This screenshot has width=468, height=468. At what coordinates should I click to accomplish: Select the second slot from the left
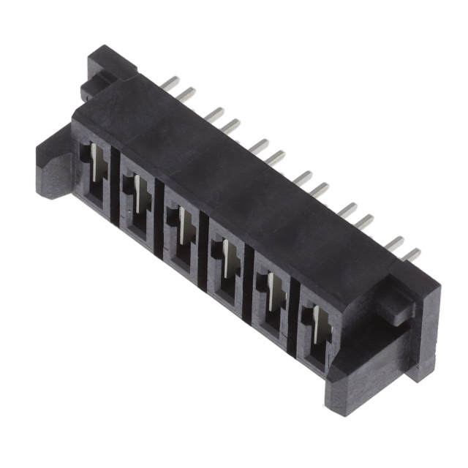point(137,206)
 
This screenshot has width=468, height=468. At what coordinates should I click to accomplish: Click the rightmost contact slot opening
point(314,333)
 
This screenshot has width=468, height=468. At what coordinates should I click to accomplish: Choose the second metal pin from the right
point(396,244)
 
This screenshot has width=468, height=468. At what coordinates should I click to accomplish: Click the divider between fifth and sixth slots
point(292,313)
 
